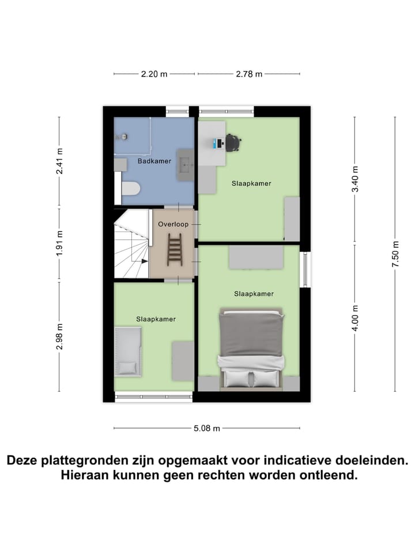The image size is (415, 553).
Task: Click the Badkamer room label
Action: (x=154, y=161)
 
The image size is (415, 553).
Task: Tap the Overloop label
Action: (x=174, y=225)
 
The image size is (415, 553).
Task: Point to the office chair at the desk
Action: (x=233, y=142)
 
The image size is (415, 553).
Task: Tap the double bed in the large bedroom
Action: (x=251, y=348)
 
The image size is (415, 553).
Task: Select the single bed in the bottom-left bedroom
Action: (x=128, y=351)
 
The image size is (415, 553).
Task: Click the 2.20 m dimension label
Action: (x=154, y=74)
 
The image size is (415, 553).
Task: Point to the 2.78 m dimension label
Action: (x=249, y=74)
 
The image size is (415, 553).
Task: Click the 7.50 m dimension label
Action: (x=395, y=253)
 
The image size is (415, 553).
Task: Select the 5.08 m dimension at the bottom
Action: (x=206, y=428)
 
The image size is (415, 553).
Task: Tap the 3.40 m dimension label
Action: (x=355, y=179)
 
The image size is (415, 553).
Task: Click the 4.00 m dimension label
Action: (x=355, y=317)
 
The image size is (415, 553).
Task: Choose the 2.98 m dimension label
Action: (x=59, y=336)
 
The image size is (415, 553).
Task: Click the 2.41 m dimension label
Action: (x=59, y=161)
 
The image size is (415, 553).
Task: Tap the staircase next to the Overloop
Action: (x=131, y=245)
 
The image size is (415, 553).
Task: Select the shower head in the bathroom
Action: (x=122, y=137)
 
